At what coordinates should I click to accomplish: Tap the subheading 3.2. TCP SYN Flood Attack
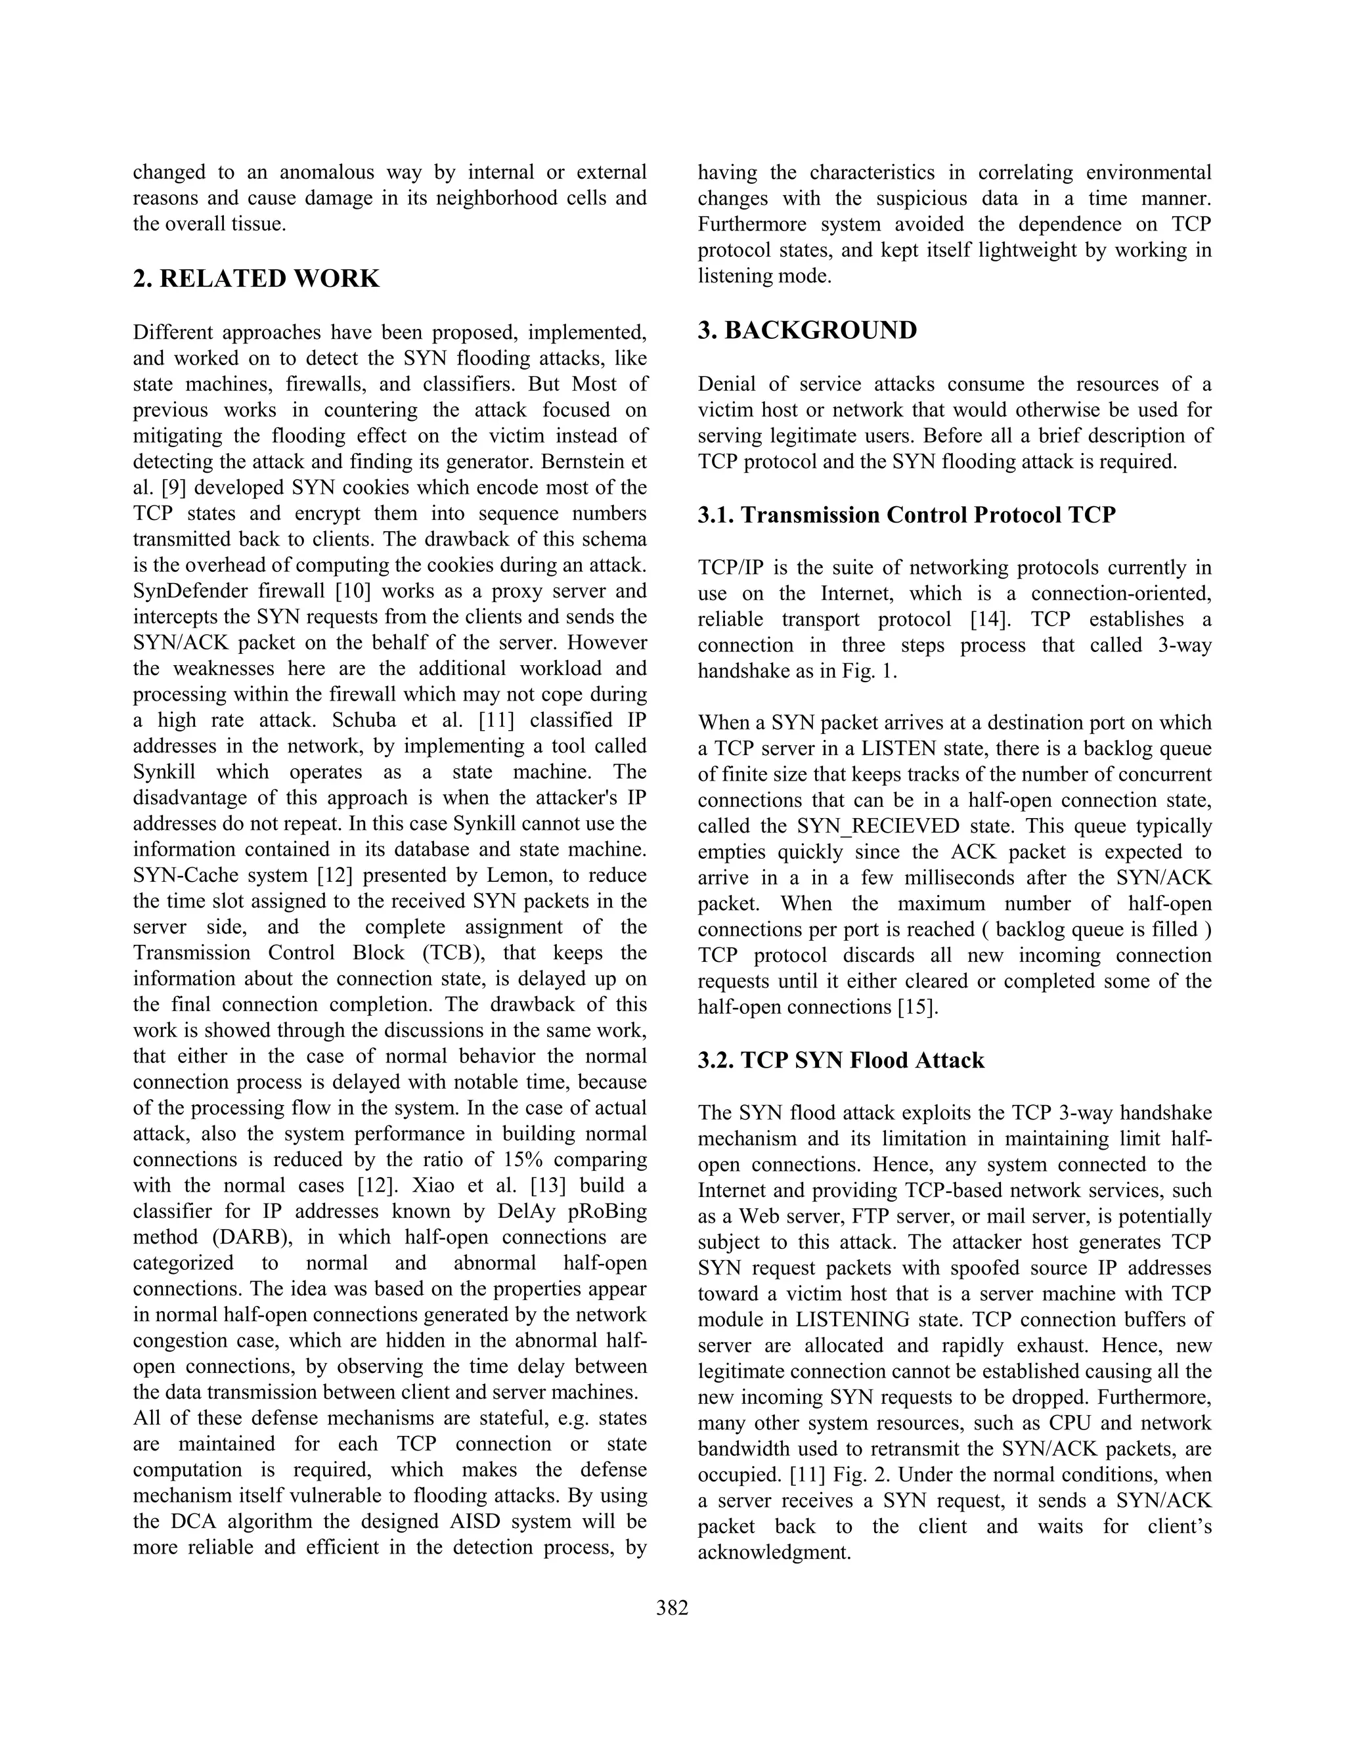click(841, 1060)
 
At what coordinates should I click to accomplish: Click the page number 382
click(672, 1607)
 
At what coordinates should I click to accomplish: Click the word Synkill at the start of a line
click(164, 772)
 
